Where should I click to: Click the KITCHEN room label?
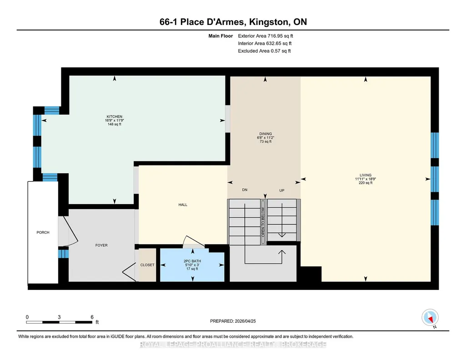pos(115,117)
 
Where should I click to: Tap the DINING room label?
pos(266,134)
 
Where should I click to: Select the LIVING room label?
pos(366,175)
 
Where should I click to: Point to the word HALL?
pos(183,205)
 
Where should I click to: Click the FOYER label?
pos(101,245)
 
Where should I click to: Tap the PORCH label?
pos(43,233)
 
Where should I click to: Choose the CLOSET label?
pos(147,265)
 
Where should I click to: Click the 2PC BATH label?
pos(192,261)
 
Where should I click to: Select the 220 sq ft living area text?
pos(366,183)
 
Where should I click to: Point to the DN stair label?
pos(245,190)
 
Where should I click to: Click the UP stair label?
pos(282,190)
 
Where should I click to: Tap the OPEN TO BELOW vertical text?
pos(263,221)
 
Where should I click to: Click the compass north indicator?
pos(430,318)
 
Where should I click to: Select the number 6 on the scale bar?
pos(92,317)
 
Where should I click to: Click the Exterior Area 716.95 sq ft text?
pos(266,36)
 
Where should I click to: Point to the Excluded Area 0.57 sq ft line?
pos(264,51)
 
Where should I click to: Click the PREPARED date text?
pos(233,321)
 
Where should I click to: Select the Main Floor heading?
pos(220,36)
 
